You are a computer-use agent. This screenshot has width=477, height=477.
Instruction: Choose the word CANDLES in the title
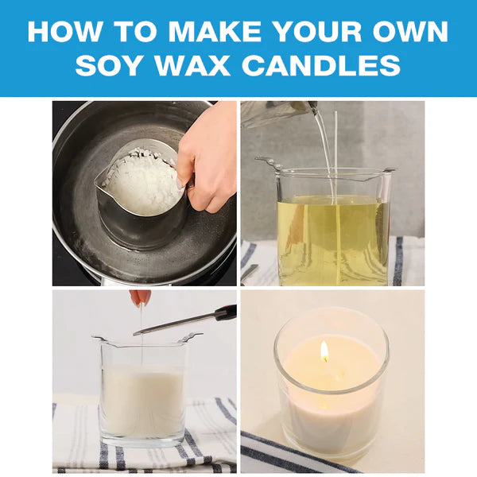click(321, 65)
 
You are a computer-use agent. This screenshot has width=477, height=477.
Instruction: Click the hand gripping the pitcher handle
click(206, 158)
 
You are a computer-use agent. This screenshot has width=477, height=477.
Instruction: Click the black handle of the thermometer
click(226, 313)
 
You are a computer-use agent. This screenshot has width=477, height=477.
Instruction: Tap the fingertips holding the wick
click(141, 297)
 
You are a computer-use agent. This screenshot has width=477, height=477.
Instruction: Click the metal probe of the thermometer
click(174, 325)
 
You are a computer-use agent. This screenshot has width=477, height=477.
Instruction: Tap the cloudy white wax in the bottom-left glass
click(142, 401)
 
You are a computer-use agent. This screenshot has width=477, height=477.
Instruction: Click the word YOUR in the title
click(317, 32)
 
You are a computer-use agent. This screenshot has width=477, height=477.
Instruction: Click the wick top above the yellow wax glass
click(335, 113)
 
